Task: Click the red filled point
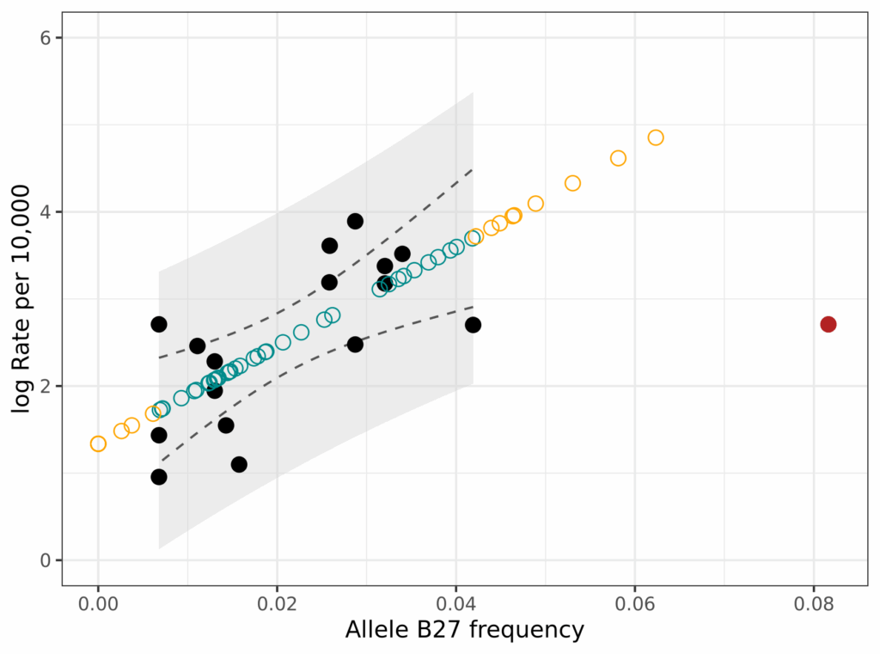tap(828, 324)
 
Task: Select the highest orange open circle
tap(656, 138)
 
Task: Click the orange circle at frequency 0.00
tap(98, 443)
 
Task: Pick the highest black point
tap(355, 221)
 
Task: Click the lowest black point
tap(159, 477)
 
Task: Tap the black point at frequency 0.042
tap(473, 325)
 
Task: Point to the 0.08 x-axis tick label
tap(814, 604)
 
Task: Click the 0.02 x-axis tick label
tap(277, 604)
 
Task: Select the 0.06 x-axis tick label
tap(635, 604)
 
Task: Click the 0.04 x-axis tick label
tap(455, 604)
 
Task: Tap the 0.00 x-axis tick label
tap(98, 604)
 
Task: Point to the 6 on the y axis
tap(47, 38)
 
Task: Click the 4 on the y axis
tap(47, 211)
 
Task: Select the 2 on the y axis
tap(47, 386)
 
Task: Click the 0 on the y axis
tap(47, 560)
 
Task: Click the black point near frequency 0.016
tap(239, 464)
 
